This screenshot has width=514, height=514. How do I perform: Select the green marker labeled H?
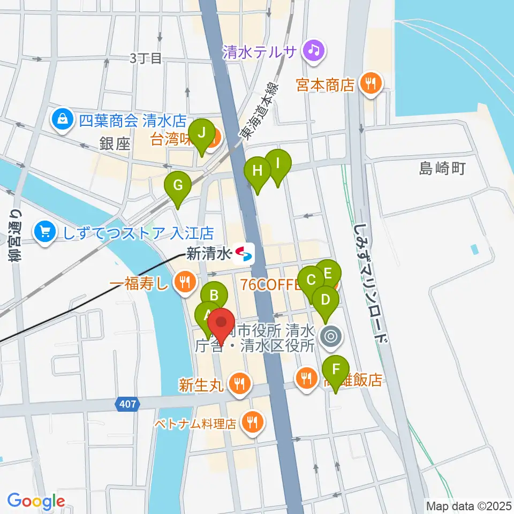258,172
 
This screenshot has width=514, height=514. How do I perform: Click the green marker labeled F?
336,369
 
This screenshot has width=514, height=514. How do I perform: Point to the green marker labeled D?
325,299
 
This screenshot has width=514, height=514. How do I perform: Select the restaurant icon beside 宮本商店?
370,83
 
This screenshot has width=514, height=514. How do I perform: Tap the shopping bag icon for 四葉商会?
63,118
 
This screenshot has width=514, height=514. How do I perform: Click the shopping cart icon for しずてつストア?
43,232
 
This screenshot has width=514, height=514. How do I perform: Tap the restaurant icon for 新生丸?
239,383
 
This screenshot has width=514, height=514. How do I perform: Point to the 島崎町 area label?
442,169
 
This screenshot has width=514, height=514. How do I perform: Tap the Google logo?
36,502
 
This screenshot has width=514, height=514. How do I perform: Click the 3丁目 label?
145,58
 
